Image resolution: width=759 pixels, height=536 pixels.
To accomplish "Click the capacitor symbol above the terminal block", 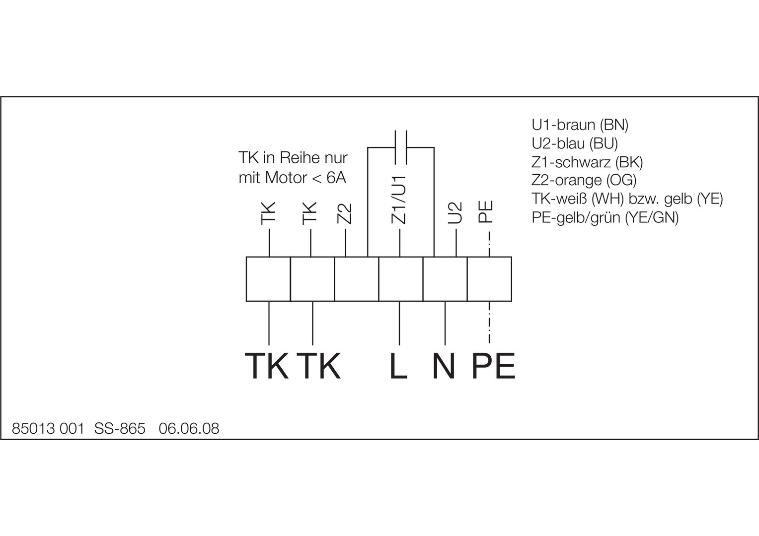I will (x=401, y=147).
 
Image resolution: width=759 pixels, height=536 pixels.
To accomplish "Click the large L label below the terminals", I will (x=398, y=367).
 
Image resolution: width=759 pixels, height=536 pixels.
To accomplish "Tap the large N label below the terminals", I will (x=444, y=367).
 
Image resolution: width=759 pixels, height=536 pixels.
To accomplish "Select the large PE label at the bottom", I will (x=493, y=367).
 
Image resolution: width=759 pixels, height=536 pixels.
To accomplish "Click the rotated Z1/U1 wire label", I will (x=400, y=200).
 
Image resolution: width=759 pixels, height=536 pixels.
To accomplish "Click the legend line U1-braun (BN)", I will (x=580, y=125).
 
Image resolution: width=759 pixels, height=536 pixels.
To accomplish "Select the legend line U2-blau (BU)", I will (x=575, y=143).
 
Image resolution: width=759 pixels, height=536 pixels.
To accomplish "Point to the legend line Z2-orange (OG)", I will (x=584, y=180).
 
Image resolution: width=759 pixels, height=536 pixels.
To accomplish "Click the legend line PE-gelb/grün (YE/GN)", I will (x=605, y=217).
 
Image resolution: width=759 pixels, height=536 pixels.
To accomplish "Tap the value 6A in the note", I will (x=336, y=178).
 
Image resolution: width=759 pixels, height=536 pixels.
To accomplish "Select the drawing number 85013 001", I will (x=48, y=428).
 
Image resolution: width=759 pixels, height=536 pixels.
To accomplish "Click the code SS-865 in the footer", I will (x=120, y=428).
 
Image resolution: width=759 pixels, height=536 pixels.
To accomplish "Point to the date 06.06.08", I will (x=189, y=428).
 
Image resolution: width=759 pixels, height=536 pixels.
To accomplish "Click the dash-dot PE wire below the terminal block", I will (x=490, y=323).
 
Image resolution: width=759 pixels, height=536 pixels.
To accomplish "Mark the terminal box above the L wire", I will (x=401, y=279).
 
